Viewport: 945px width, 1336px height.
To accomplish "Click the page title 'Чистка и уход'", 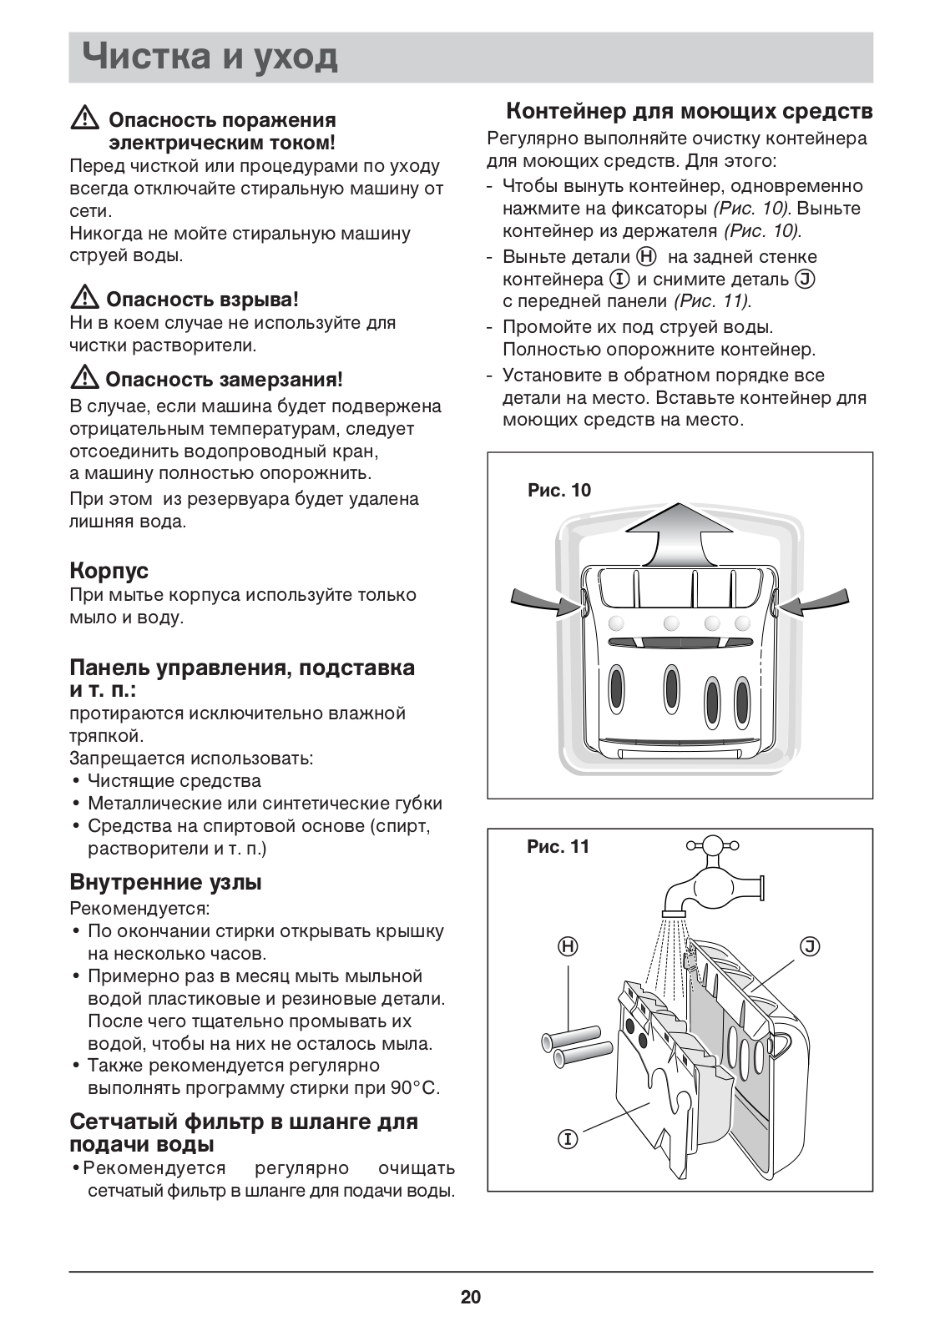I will tap(210, 58).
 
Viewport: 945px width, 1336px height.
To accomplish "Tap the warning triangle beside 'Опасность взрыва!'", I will tap(84, 298).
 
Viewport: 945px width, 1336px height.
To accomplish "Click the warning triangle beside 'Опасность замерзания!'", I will tap(84, 379).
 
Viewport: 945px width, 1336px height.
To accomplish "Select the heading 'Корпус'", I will tap(109, 571).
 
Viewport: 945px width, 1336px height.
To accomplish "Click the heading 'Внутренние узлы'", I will tap(165, 882).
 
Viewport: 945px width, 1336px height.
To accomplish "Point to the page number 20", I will tap(471, 1297).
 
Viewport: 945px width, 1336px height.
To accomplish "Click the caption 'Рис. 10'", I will tap(558, 490).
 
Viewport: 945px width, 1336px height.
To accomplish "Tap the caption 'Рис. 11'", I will tap(558, 847).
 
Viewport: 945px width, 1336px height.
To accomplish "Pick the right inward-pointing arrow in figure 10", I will tap(817, 601).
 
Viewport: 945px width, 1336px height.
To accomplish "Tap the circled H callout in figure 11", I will tap(568, 946).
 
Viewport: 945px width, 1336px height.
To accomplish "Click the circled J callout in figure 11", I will tap(810, 946).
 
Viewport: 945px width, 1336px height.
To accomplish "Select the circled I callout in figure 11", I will tap(568, 1138).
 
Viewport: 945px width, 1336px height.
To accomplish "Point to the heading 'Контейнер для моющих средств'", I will tap(690, 111).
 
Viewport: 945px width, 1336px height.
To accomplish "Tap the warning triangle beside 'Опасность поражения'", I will tap(84, 119).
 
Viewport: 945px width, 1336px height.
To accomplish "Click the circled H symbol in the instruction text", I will tap(646, 256).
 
